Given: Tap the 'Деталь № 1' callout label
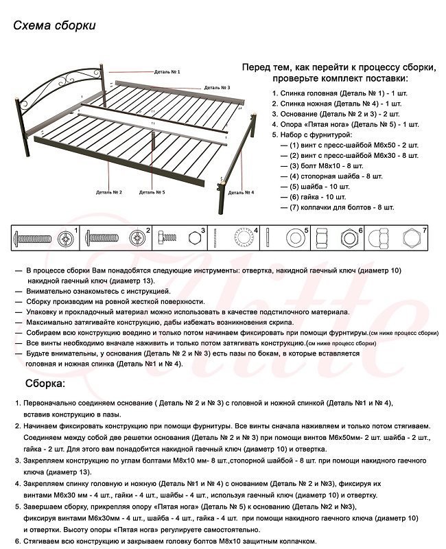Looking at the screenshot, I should click(x=167, y=72).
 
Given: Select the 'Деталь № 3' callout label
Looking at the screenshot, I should click(x=216, y=88).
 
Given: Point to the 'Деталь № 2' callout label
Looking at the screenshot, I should click(x=109, y=193).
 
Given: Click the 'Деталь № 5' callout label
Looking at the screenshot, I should click(x=152, y=193).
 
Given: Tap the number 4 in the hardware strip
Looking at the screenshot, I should click(x=255, y=230).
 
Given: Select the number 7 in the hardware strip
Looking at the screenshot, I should click(x=425, y=230).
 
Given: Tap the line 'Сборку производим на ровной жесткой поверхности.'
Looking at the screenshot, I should click(x=116, y=301).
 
